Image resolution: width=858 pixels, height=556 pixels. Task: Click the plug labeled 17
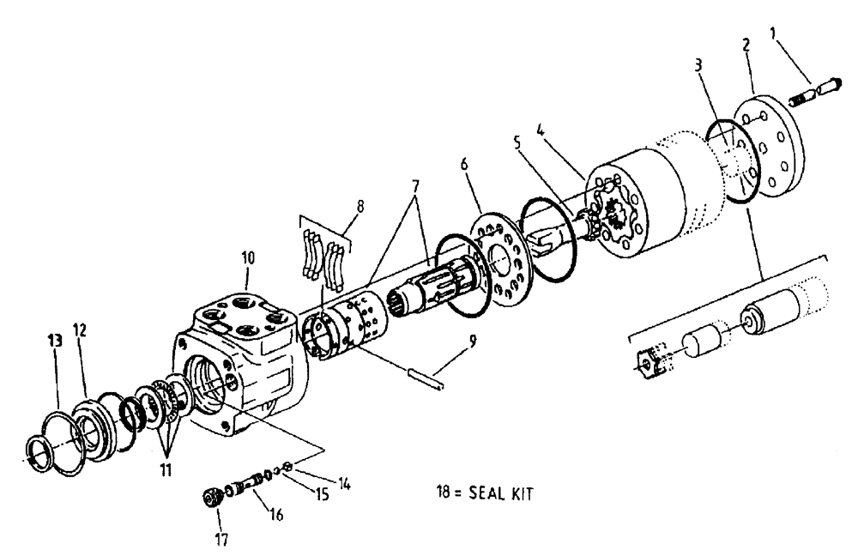pyautogui.click(x=210, y=498)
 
